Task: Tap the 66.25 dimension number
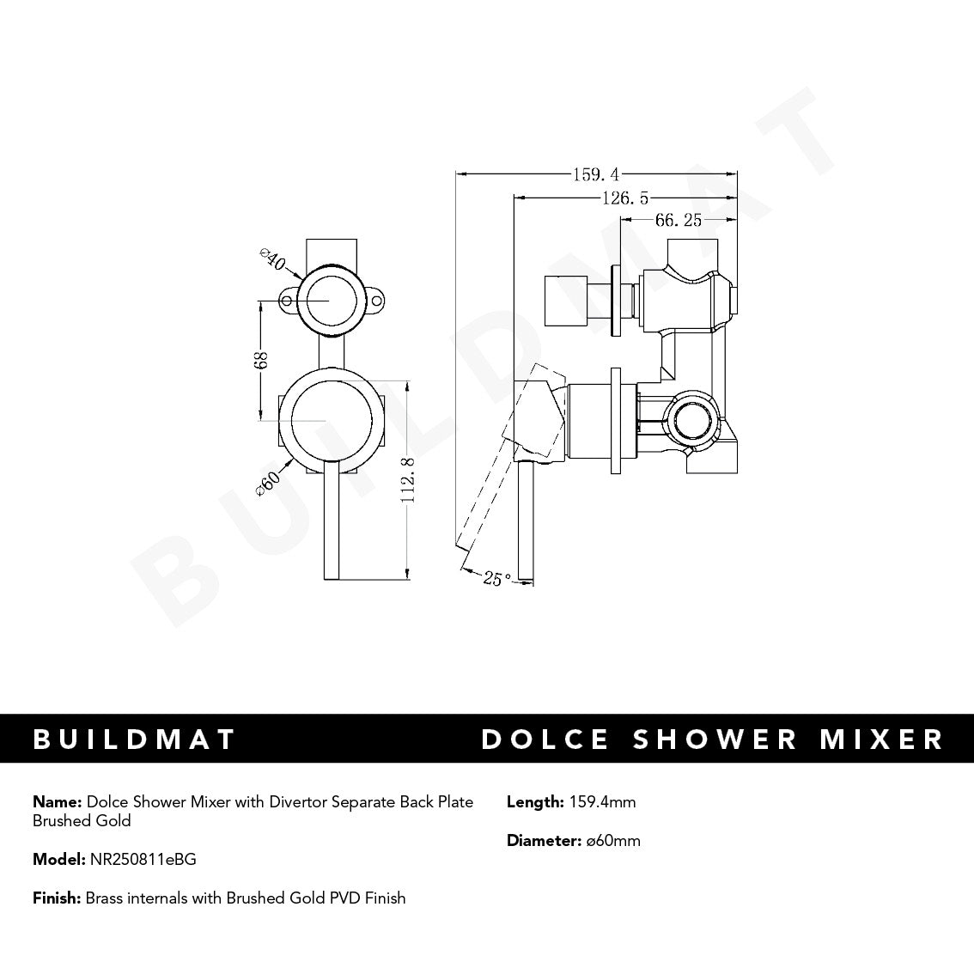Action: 679,221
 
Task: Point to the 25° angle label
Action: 496,579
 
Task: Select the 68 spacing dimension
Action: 262,361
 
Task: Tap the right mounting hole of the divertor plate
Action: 376,301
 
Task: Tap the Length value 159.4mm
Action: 602,802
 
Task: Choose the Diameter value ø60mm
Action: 612,841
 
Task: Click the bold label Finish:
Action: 57,898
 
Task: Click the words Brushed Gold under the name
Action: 82,821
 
